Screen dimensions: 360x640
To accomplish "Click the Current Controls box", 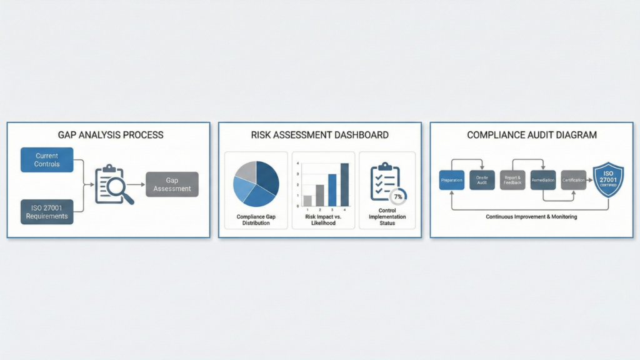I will (47, 159).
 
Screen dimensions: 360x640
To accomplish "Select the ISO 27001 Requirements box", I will (47, 212).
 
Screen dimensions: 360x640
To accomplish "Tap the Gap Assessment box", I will (172, 184).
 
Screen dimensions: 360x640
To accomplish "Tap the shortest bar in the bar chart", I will (307, 201).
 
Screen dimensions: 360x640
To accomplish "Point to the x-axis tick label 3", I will (332, 211).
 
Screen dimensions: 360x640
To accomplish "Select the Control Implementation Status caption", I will (386, 217).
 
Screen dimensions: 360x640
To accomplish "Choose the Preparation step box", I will (452, 180).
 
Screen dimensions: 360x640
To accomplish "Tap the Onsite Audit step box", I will (482, 180).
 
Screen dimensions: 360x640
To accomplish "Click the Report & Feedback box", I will (512, 180).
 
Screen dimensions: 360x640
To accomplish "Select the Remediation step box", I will (542, 180).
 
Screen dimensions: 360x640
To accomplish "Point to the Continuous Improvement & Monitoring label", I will (531, 217).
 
